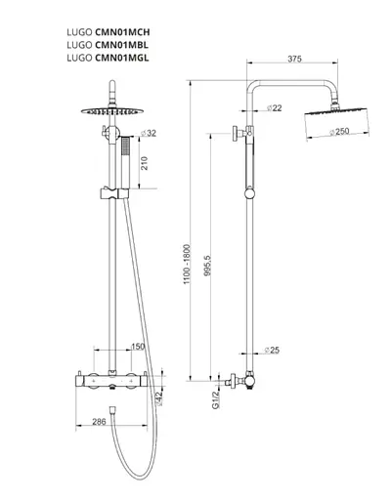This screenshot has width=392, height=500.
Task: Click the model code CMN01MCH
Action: (122, 32)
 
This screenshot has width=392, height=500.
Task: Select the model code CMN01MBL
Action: (121, 45)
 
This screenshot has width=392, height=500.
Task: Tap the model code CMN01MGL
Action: (122, 58)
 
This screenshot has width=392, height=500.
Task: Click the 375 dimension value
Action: (294, 59)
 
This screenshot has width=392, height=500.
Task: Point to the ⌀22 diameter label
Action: (274, 107)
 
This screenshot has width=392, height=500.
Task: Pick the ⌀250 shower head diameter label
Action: (339, 132)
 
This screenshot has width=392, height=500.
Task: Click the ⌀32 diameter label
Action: (149, 133)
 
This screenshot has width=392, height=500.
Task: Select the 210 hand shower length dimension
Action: (145, 163)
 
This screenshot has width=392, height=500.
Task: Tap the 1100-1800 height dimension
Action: (187, 264)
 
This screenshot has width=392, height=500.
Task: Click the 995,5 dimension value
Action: (207, 265)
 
